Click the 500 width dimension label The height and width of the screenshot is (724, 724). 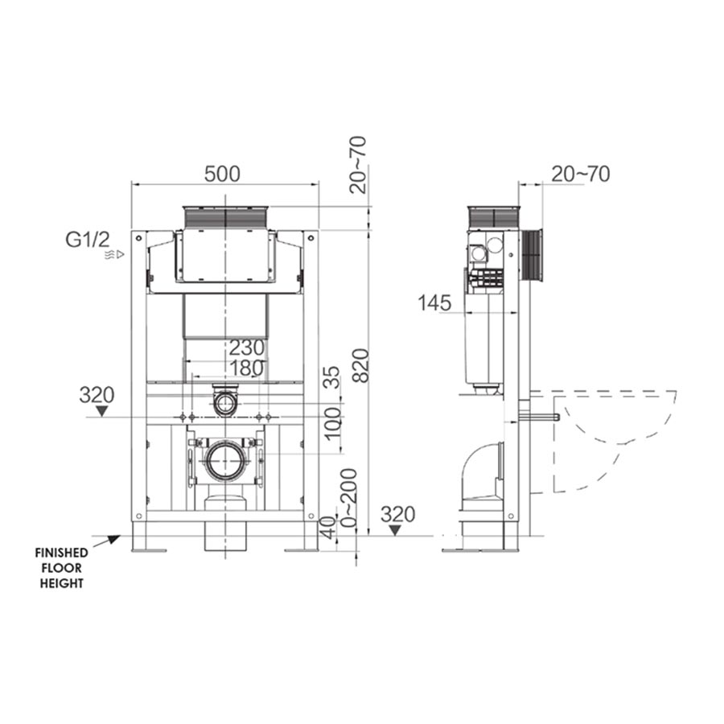point(222,174)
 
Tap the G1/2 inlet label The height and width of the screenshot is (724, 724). point(88,240)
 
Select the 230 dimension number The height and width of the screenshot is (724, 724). point(247,348)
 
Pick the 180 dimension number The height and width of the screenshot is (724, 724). point(247,368)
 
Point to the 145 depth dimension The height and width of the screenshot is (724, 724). point(434,303)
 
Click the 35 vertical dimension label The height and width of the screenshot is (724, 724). point(331,377)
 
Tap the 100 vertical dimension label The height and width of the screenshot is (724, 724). point(331,423)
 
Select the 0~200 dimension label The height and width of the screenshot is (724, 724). point(348,499)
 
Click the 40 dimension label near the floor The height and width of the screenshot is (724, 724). point(327,527)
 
